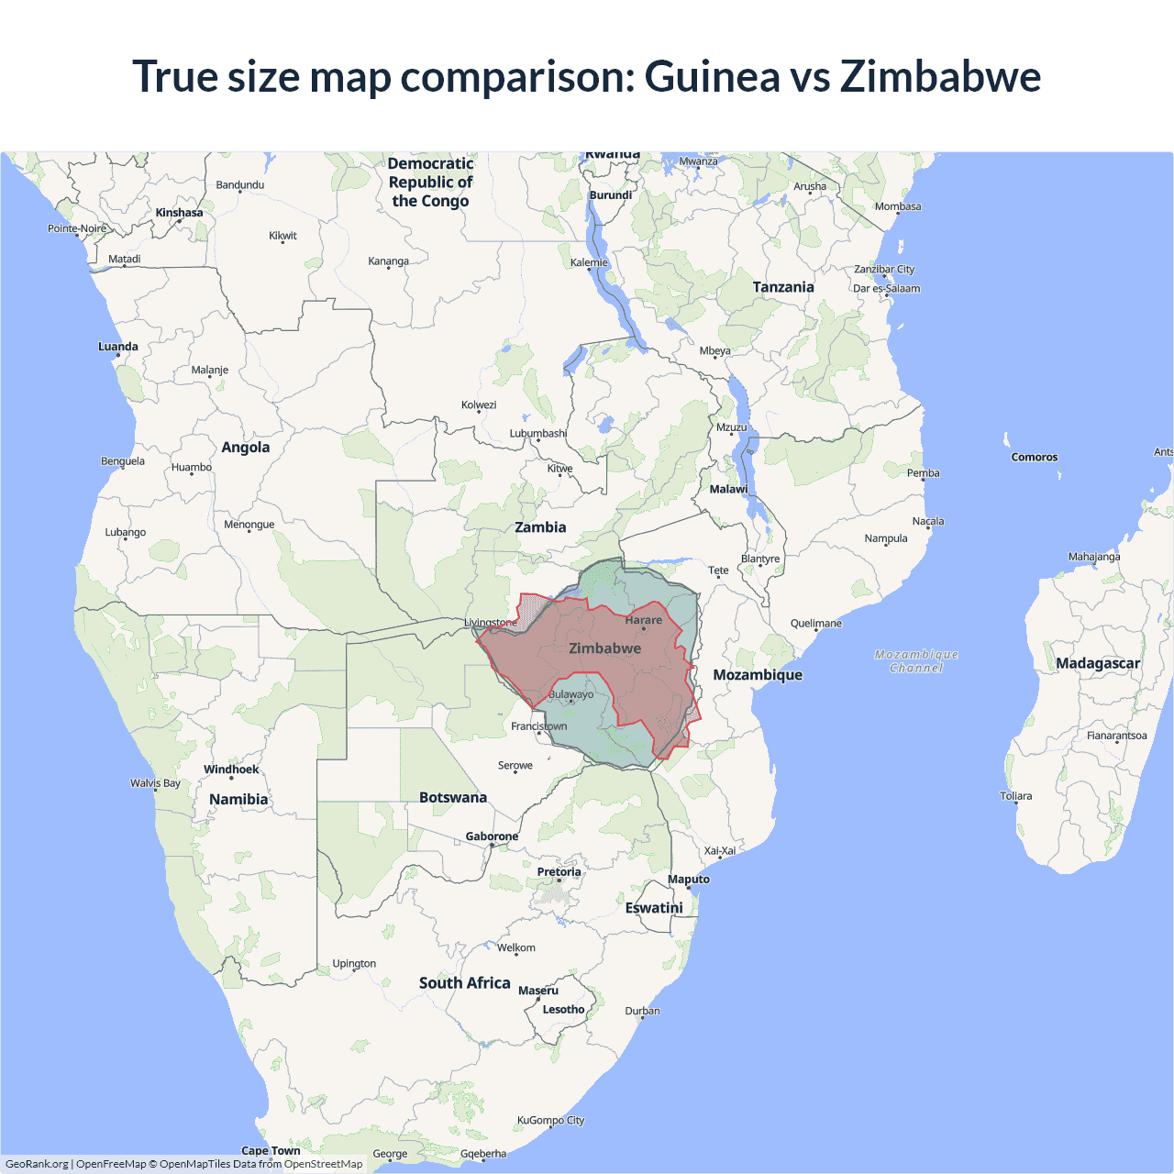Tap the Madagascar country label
point(1097,663)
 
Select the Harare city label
point(643,620)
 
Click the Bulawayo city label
point(570,694)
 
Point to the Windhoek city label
point(231,770)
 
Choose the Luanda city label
point(118,347)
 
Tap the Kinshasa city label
point(179,213)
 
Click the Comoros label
point(1034,457)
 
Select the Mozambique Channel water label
point(916,661)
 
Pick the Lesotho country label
point(563,1009)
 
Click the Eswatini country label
point(654,908)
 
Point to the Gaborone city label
point(492,836)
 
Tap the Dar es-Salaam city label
point(886,288)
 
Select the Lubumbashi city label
point(538,433)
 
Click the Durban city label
point(642,1011)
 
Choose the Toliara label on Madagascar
point(1015,795)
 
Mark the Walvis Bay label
point(155,783)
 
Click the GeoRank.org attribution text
point(37,1164)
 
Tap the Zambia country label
point(540,527)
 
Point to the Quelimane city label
point(815,624)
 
